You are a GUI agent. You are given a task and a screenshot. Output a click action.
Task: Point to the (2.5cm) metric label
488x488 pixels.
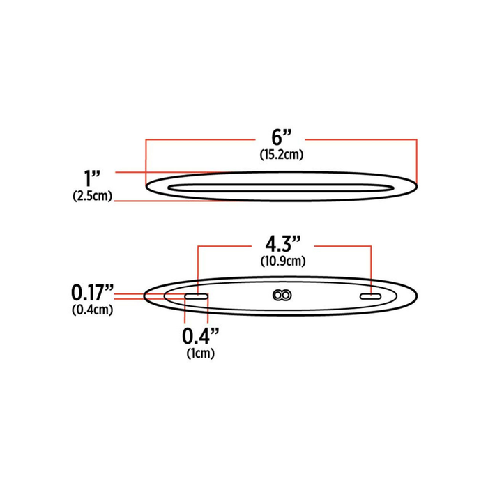(x=92, y=196)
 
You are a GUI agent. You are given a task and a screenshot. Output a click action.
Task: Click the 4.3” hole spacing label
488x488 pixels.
(x=283, y=245)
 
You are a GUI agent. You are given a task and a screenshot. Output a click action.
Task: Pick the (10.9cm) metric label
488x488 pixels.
(x=283, y=261)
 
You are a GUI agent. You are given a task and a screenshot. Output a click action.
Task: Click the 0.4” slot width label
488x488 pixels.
(x=201, y=336)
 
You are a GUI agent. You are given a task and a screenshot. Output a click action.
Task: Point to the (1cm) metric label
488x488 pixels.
(x=200, y=353)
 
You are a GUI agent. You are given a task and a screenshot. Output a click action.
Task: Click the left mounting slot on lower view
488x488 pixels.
(x=196, y=298)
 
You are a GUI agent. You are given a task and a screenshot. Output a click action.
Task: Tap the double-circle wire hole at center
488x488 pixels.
(x=282, y=296)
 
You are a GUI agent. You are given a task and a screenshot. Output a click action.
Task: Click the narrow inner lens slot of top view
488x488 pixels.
(x=279, y=187)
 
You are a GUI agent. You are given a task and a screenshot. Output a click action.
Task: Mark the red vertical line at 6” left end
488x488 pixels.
(x=146, y=160)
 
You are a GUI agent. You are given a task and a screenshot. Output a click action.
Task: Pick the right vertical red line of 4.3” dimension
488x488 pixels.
(x=369, y=268)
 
